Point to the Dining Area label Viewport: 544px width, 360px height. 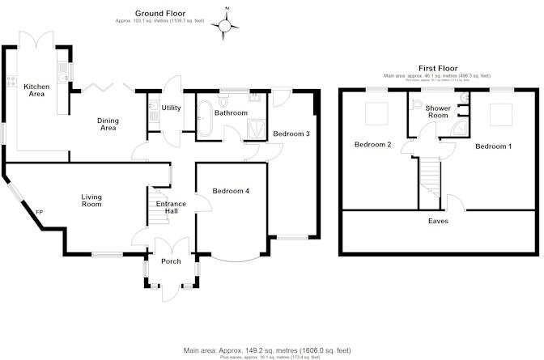click(x=108, y=124)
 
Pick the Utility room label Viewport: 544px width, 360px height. click(x=171, y=107)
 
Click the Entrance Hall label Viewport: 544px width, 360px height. click(x=172, y=207)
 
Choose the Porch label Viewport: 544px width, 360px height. click(x=171, y=260)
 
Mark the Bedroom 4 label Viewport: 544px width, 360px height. click(x=231, y=191)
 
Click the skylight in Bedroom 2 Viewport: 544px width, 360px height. click(x=377, y=115)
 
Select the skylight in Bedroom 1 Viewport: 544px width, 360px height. click(x=500, y=115)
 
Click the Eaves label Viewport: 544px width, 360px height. click(x=439, y=220)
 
